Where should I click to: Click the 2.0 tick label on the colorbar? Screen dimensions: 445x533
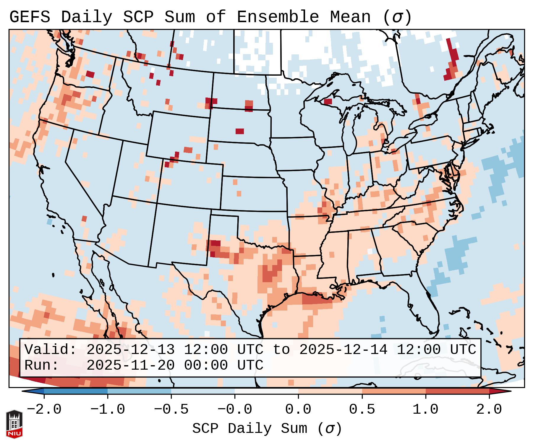tap(489, 410)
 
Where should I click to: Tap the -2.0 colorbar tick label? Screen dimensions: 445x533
tap(44, 410)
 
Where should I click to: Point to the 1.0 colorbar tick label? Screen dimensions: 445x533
tap(425, 410)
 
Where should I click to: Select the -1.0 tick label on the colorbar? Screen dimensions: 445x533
tap(108, 410)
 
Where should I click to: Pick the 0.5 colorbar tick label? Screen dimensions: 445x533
tap(362, 410)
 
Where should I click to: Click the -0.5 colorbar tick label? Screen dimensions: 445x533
tap(171, 410)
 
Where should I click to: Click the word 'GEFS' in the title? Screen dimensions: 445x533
tap(30, 17)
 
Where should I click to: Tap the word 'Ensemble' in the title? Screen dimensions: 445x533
tap(278, 17)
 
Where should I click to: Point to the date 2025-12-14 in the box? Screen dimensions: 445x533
tap(344, 350)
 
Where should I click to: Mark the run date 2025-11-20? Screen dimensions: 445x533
tap(130, 366)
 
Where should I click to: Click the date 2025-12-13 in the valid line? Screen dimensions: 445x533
tap(130, 350)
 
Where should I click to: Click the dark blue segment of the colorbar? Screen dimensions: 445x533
tap(76, 391)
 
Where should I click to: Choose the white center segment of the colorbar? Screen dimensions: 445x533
tap(266, 391)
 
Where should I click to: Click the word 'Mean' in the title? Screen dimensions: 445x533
tap(350, 17)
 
